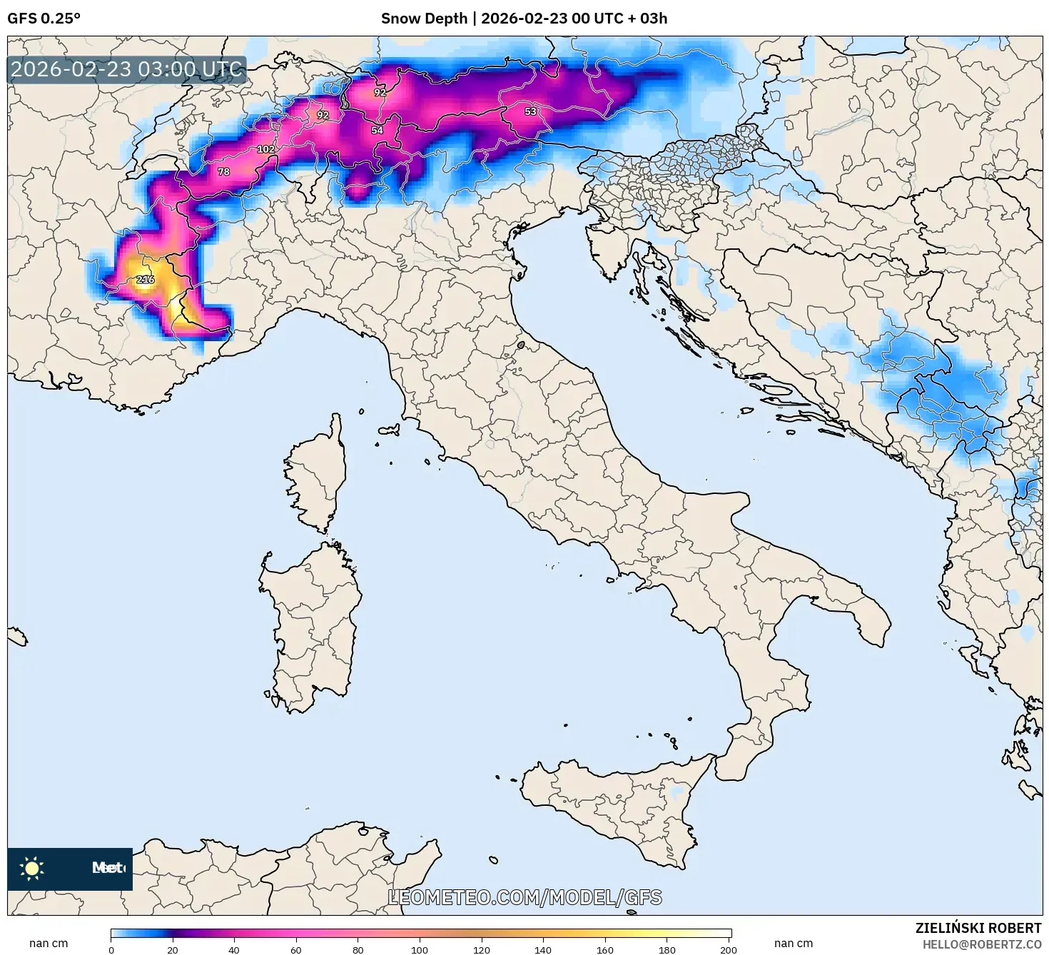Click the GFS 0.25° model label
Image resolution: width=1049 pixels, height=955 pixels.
click(x=44, y=19)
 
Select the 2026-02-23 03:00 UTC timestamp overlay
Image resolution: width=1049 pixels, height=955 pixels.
click(x=126, y=69)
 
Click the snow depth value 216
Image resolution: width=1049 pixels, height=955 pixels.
click(x=145, y=279)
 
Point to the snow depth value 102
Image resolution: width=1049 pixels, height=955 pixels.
click(x=265, y=149)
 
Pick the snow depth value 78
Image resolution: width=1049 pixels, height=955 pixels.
click(x=223, y=171)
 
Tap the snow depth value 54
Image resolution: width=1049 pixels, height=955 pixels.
click(x=377, y=130)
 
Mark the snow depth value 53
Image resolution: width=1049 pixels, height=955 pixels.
click(x=530, y=111)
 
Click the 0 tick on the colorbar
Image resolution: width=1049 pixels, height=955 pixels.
click(x=111, y=949)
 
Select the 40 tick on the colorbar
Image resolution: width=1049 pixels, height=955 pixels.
click(x=234, y=949)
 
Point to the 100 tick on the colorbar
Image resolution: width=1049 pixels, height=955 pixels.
click(x=420, y=949)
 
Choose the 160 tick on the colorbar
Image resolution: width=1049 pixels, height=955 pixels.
click(x=605, y=949)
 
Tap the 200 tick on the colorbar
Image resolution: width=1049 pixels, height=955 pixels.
click(x=728, y=949)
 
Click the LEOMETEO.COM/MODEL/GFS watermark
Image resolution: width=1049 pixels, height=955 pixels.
click(x=524, y=897)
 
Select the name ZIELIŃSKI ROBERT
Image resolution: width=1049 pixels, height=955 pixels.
click(x=978, y=928)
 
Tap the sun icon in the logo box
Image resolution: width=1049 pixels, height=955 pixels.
click(x=31, y=868)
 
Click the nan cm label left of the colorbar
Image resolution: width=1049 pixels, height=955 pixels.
click(x=49, y=943)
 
